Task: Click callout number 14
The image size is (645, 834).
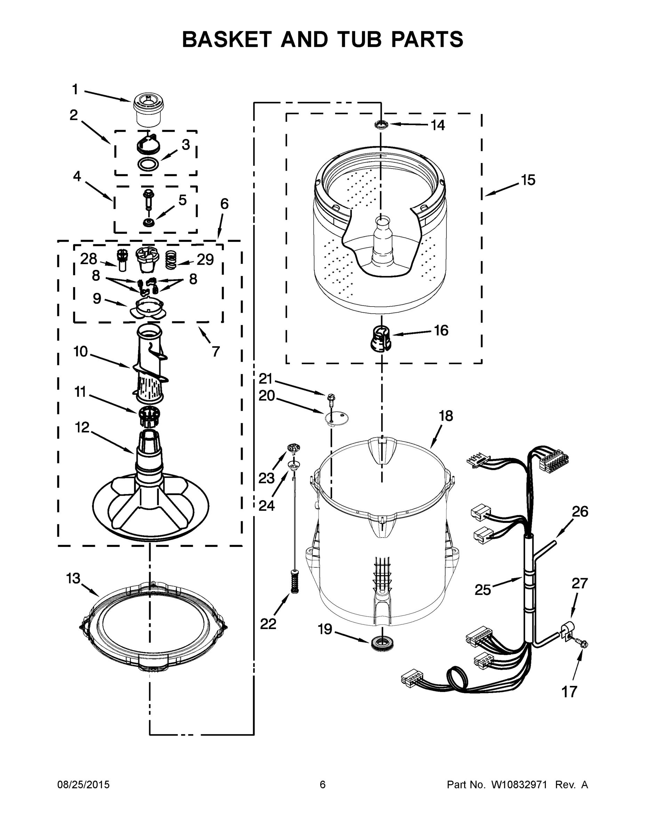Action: pyautogui.click(x=438, y=125)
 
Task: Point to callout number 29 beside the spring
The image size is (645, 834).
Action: pyautogui.click(x=205, y=260)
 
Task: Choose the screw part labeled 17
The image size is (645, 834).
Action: pyautogui.click(x=583, y=644)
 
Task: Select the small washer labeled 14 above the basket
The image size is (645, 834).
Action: pyautogui.click(x=381, y=124)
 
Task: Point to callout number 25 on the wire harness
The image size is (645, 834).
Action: pyautogui.click(x=483, y=590)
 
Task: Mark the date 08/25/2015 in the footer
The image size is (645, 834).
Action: pyautogui.click(x=83, y=785)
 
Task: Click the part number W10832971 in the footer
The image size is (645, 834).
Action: pyautogui.click(x=518, y=785)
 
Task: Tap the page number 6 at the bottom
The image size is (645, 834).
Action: pyautogui.click(x=323, y=785)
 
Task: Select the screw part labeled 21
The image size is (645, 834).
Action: pyautogui.click(x=331, y=399)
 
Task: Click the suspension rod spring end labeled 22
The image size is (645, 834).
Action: pyautogui.click(x=294, y=582)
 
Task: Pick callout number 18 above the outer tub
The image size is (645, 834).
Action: pyautogui.click(x=446, y=416)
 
